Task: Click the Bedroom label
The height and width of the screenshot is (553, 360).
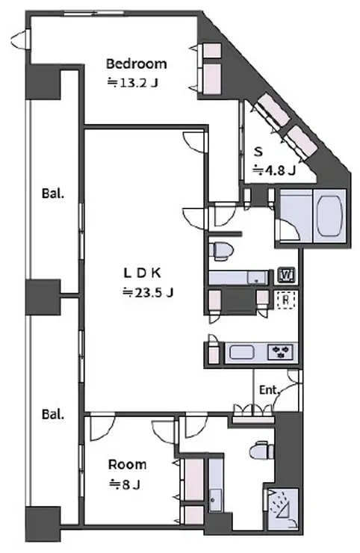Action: (137, 64)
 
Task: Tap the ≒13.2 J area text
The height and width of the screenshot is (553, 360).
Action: (133, 83)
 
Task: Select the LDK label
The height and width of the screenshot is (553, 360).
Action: (142, 273)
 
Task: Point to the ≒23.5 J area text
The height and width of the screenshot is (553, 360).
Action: (148, 292)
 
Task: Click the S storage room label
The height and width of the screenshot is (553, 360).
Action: (259, 152)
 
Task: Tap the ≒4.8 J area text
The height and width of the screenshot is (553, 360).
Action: (274, 170)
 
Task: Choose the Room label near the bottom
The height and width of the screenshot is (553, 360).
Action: (127, 465)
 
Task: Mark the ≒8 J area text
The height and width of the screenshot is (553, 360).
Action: (125, 484)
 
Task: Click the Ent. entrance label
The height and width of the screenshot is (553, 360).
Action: (270, 390)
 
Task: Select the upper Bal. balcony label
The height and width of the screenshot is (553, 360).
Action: (53, 194)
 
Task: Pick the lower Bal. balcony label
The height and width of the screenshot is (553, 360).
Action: (53, 414)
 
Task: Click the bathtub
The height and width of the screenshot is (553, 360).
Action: (330, 215)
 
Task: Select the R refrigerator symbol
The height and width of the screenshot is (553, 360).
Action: (286, 300)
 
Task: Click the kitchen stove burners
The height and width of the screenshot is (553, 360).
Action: (280, 352)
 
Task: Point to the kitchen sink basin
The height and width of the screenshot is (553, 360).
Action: (241, 352)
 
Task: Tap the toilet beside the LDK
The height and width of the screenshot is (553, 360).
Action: (221, 251)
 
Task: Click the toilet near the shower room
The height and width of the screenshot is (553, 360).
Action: (261, 450)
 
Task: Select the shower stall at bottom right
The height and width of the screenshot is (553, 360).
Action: (283, 508)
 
